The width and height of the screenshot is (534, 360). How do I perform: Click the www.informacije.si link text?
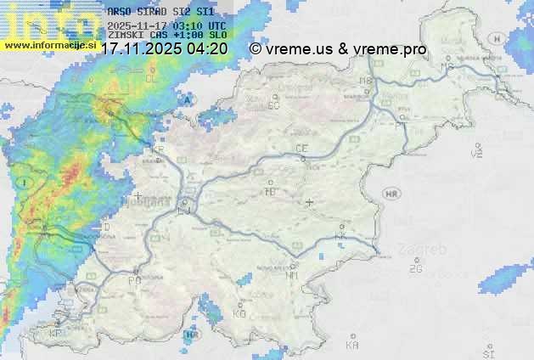[48, 44]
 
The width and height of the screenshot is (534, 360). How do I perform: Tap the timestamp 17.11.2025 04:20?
[164, 48]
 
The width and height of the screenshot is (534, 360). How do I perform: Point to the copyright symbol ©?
[256, 49]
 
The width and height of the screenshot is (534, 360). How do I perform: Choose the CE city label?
[301, 149]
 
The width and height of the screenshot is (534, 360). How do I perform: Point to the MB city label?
[366, 81]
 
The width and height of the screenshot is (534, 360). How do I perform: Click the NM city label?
[293, 275]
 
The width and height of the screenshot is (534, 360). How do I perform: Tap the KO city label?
[239, 313]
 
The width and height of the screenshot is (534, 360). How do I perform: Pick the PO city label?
[134, 280]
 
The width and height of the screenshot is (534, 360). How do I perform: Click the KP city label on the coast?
[56, 333]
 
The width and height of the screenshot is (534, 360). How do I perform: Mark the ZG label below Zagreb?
[415, 269]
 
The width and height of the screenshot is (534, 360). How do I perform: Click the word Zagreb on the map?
[427, 249]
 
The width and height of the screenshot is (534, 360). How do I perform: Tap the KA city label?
[352, 345]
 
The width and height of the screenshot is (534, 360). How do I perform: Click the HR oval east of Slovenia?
[391, 194]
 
